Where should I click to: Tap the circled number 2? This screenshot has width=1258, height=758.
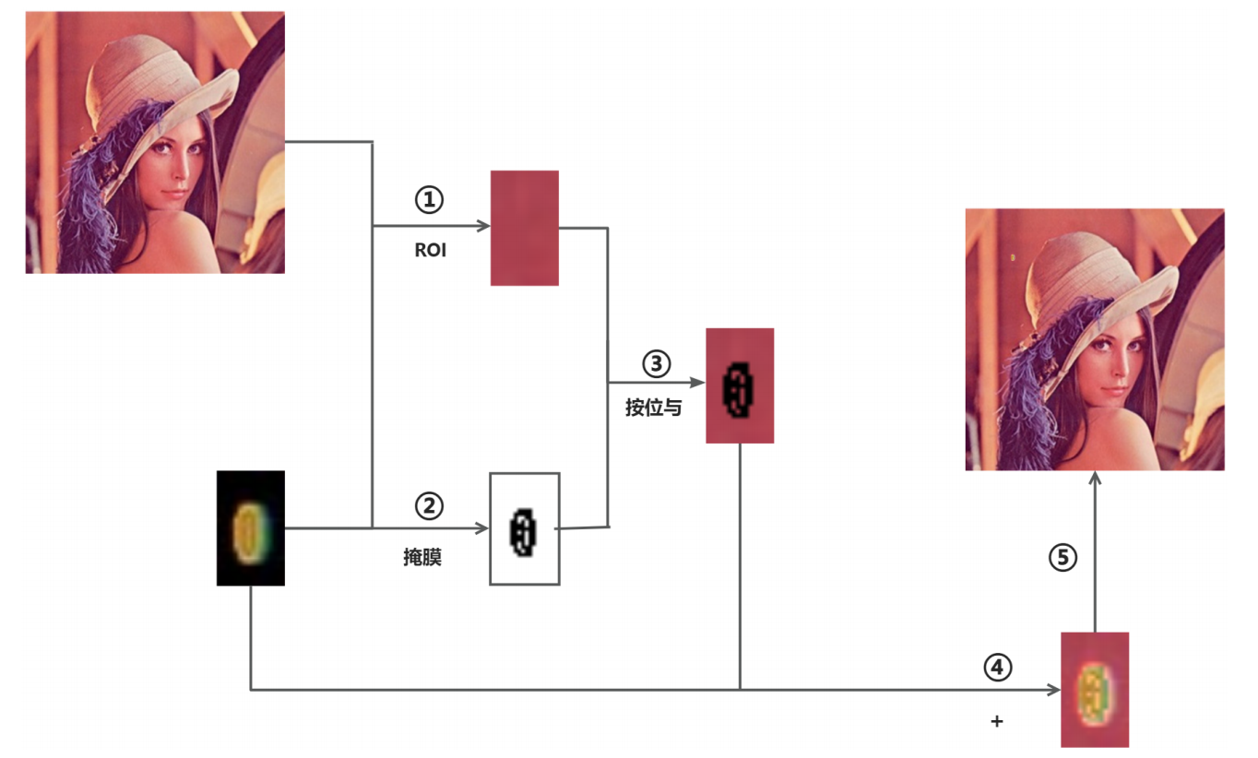click(429, 504)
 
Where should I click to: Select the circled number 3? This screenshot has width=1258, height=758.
click(657, 363)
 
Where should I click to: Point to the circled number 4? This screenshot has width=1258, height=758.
click(997, 667)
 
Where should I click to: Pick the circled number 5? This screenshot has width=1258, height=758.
click(1063, 557)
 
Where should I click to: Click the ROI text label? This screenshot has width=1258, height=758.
click(430, 250)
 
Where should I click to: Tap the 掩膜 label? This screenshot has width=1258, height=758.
click(422, 557)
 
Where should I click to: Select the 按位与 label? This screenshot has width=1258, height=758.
click(653, 408)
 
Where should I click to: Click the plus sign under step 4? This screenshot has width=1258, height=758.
click(996, 721)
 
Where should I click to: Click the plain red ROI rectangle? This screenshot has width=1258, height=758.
click(525, 228)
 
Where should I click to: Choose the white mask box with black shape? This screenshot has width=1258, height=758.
click(525, 528)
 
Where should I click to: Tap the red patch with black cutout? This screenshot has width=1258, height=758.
click(740, 385)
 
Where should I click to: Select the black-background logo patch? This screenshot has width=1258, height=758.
click(251, 528)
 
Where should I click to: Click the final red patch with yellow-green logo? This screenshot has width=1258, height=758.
click(1095, 689)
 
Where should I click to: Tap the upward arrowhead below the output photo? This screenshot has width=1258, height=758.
click(1095, 478)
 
